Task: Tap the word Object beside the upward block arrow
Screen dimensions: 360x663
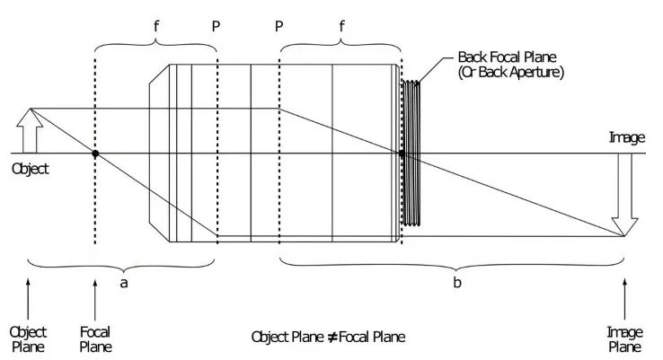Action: pos(30,168)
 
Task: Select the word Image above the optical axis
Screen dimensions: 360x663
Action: pos(627,137)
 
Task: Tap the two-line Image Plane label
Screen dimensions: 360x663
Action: pos(625,338)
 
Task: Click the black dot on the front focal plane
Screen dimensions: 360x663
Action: pos(95,154)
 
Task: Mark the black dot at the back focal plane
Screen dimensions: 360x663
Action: pos(402,154)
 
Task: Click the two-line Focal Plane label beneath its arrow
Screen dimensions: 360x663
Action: pos(95,338)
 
